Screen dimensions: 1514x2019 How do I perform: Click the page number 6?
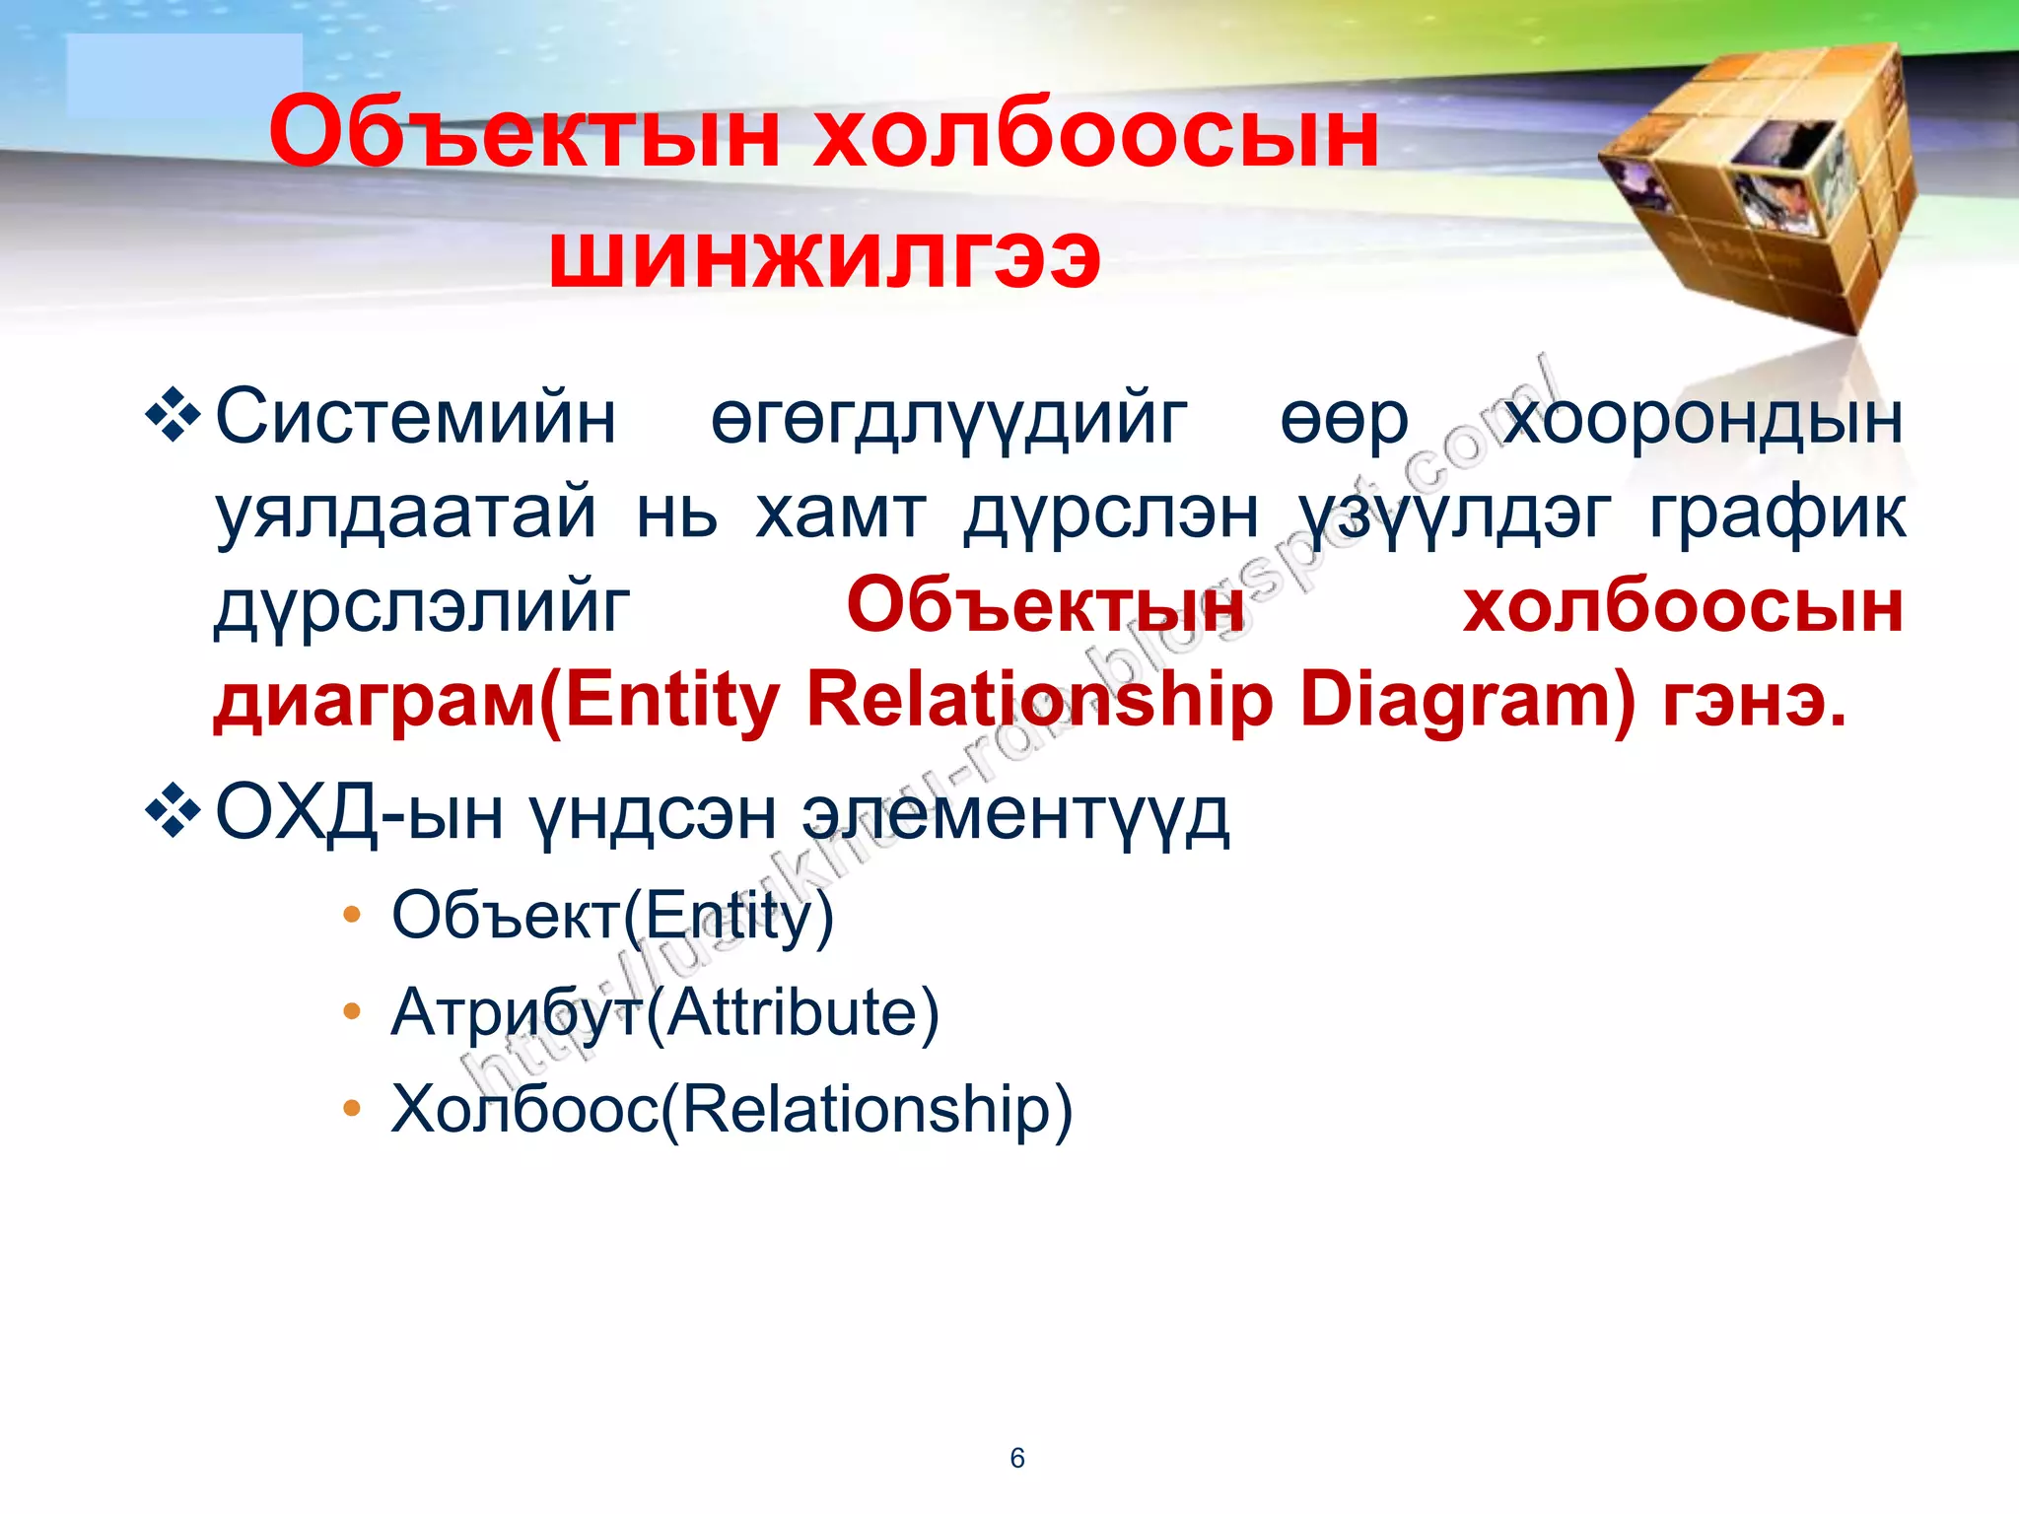coord(1017,1458)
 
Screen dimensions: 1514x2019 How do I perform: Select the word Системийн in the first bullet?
coord(416,418)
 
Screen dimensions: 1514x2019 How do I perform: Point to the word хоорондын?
coord(1703,418)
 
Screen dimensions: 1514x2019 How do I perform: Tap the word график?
coord(1777,513)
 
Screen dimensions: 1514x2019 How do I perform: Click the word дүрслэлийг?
coord(422,607)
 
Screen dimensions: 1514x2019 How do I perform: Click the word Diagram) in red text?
coord(1468,701)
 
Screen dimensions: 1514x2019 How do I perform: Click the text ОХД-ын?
coord(359,814)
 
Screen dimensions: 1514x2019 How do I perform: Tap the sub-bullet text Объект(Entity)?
coord(612,916)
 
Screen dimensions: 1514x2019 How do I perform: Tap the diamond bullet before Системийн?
coord(174,415)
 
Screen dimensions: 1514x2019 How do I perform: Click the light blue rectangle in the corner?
coord(184,76)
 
